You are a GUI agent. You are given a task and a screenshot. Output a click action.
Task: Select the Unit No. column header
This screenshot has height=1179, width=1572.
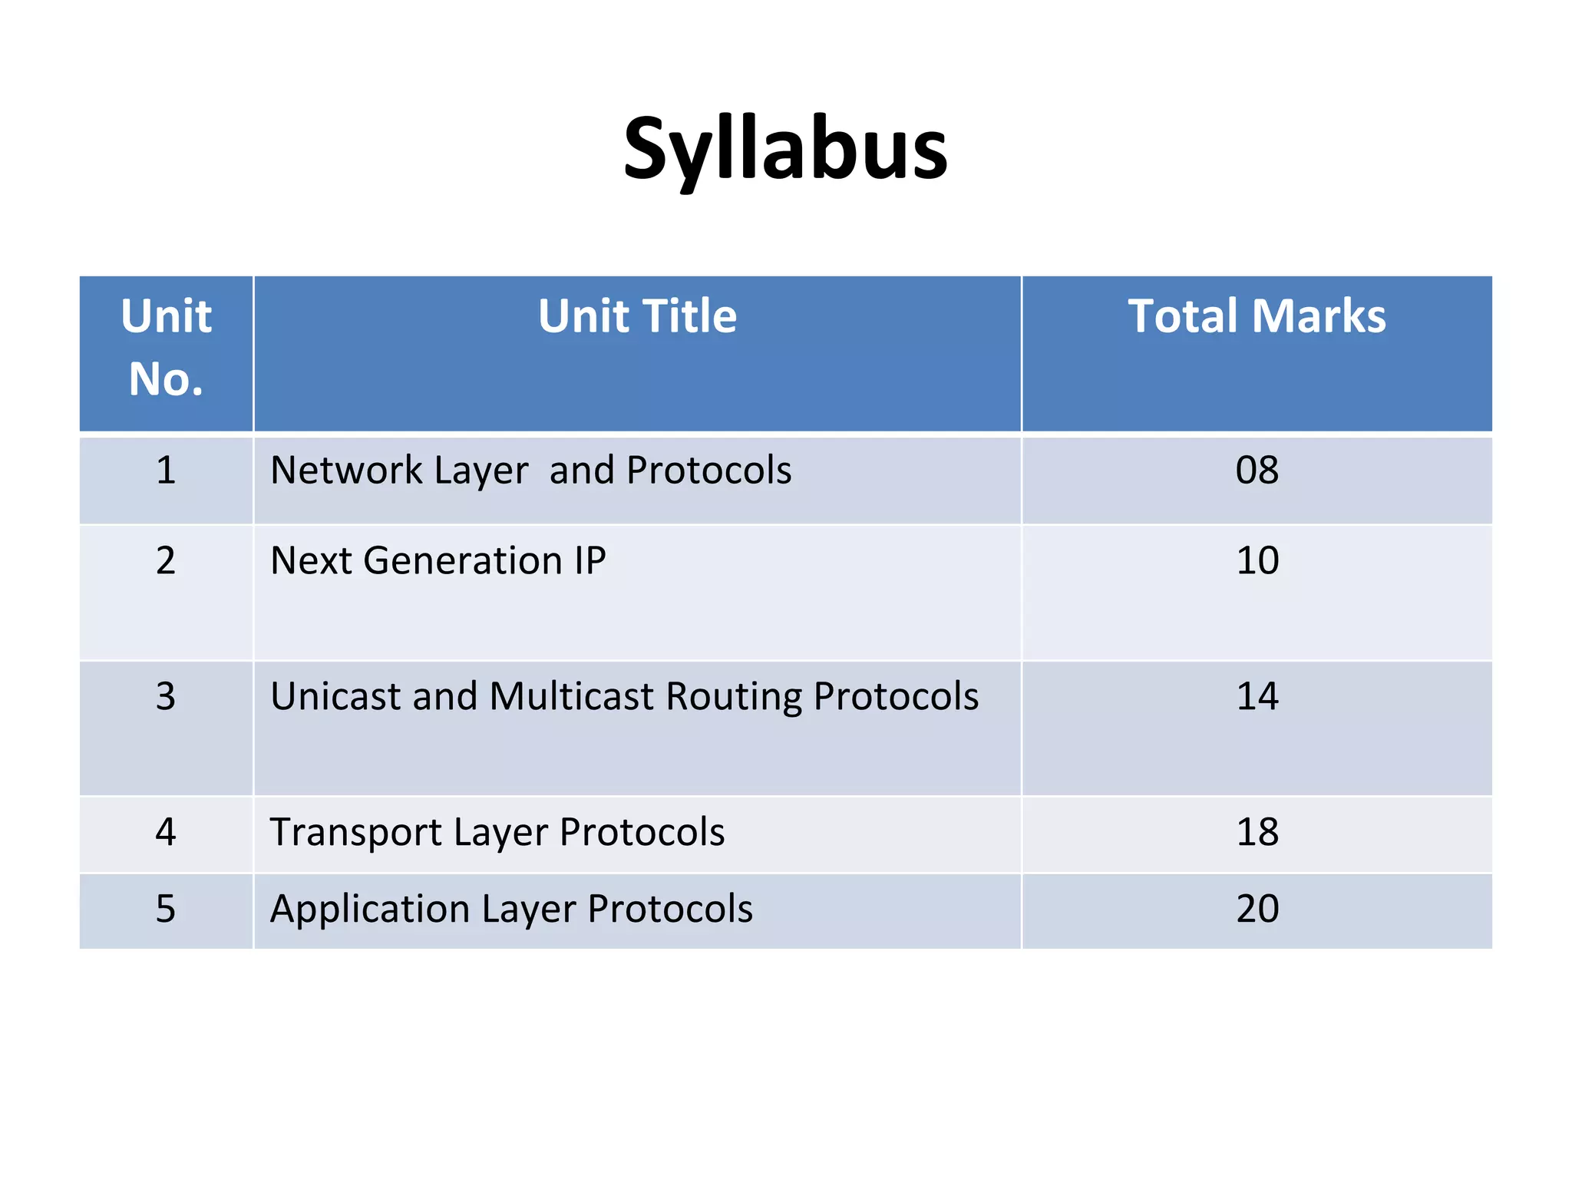pyautogui.click(x=166, y=347)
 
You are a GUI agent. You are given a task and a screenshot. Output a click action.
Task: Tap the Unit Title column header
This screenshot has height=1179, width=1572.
pyautogui.click(x=637, y=316)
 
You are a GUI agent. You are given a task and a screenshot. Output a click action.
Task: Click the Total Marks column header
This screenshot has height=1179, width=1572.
pyautogui.click(x=1257, y=316)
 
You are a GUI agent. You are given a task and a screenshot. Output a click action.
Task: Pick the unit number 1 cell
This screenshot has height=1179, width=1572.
pyautogui.click(x=166, y=470)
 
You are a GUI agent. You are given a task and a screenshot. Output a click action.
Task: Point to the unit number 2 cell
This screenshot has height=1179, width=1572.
pyautogui.click(x=166, y=560)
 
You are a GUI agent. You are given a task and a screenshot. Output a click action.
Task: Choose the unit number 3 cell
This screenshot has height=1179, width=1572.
pyautogui.click(x=166, y=696)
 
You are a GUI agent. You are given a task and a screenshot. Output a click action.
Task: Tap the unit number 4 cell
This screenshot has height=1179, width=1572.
pyautogui.click(x=166, y=832)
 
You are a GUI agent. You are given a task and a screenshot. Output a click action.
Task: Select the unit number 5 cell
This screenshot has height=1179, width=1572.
pyautogui.click(x=166, y=909)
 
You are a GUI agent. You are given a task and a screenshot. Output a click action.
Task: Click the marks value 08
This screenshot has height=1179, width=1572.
pyautogui.click(x=1257, y=470)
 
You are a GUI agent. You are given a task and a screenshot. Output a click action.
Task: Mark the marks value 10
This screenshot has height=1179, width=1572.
pyautogui.click(x=1257, y=560)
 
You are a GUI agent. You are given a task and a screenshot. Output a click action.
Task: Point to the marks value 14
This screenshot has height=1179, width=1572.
pyautogui.click(x=1257, y=696)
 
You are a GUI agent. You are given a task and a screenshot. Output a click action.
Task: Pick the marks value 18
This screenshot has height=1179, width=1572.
pyautogui.click(x=1257, y=832)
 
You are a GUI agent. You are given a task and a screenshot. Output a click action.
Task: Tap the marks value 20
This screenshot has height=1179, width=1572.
pyautogui.click(x=1257, y=909)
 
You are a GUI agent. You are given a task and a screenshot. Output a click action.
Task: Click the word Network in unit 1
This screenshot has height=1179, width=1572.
pyautogui.click(x=346, y=470)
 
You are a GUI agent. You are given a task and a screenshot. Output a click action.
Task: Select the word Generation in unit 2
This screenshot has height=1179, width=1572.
pyautogui.click(x=463, y=560)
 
